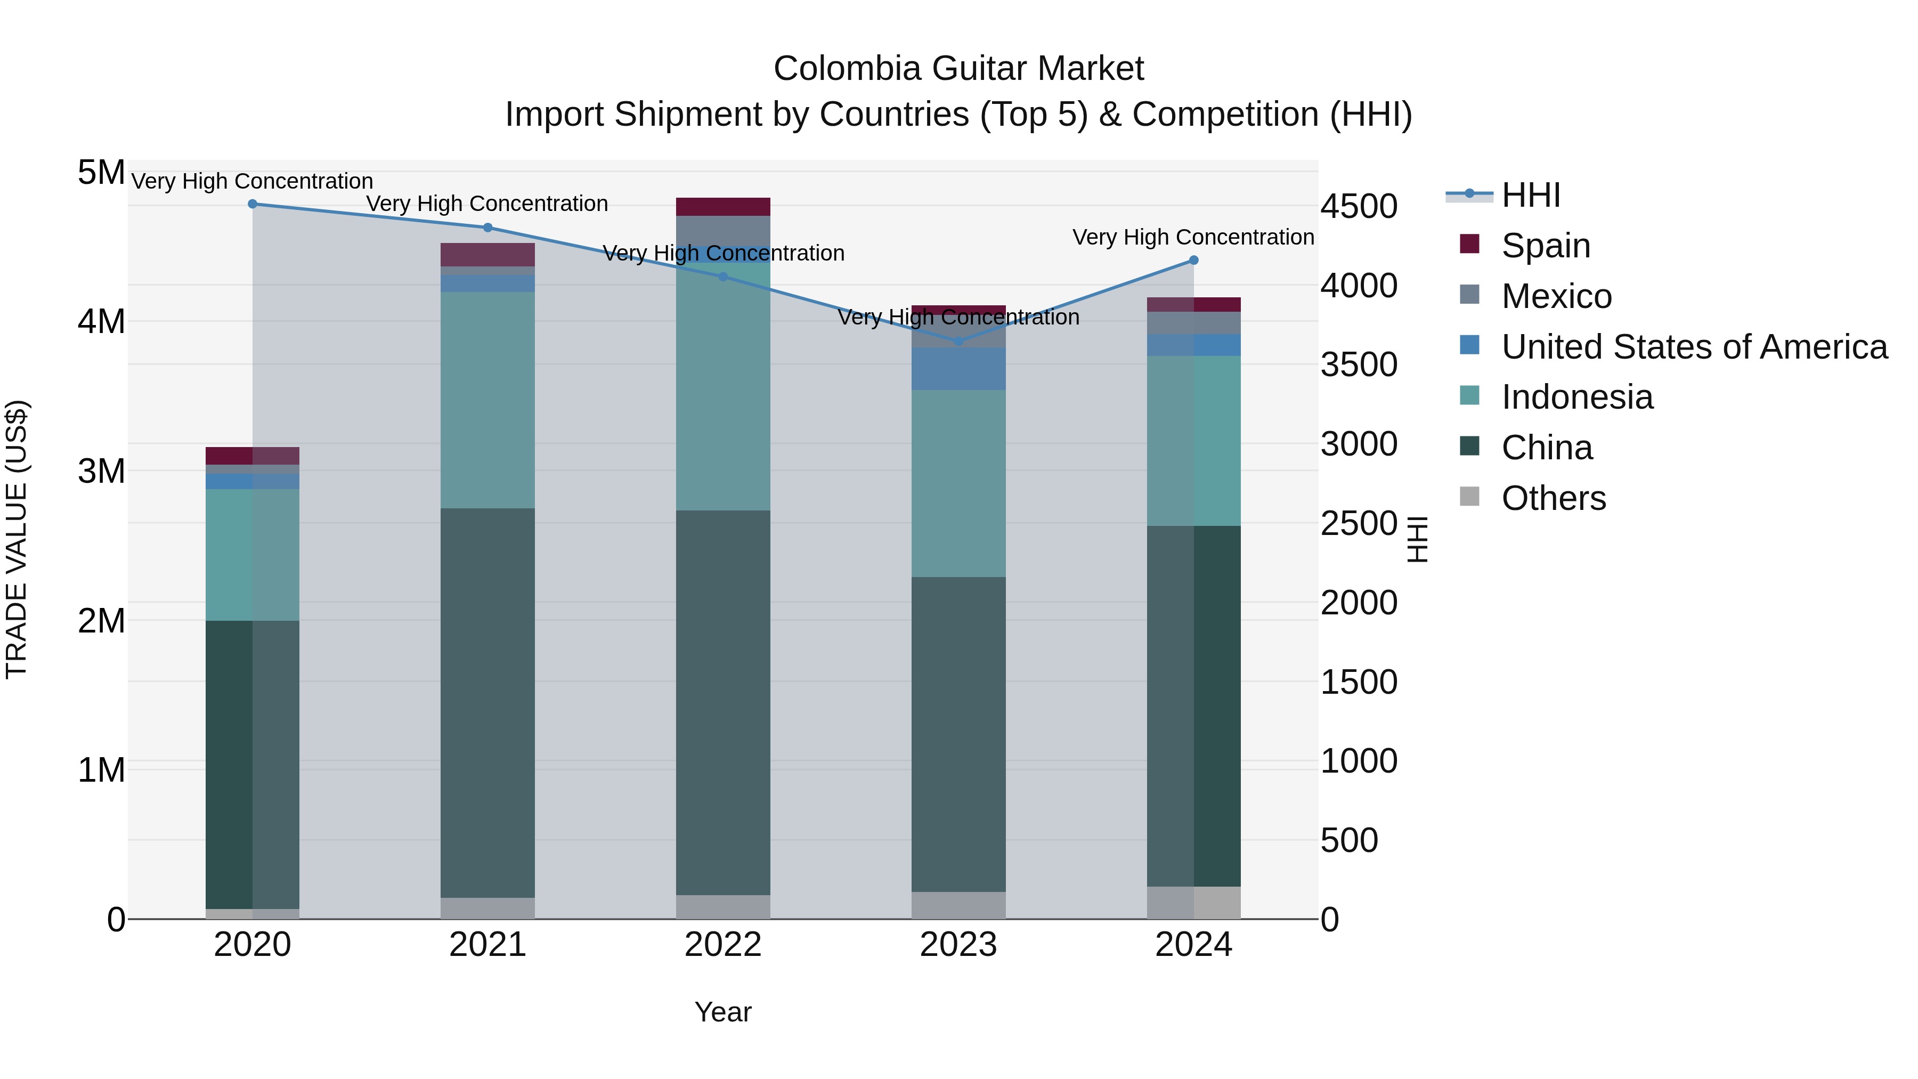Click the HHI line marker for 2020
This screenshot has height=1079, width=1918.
(x=253, y=204)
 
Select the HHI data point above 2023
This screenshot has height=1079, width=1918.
(x=958, y=342)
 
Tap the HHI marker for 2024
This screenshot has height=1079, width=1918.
(x=1193, y=261)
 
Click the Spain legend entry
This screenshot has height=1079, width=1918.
(x=1545, y=246)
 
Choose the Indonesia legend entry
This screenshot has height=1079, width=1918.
(x=1576, y=397)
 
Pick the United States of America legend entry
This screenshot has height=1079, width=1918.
(x=1694, y=347)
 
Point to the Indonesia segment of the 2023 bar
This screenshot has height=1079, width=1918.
(x=958, y=483)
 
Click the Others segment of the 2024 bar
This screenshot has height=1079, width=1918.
(x=1193, y=903)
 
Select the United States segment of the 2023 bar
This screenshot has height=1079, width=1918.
(x=958, y=369)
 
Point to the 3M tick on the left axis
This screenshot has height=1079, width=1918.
(x=101, y=472)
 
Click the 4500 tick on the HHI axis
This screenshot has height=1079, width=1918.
(x=1358, y=207)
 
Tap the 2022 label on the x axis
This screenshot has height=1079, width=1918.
(x=723, y=945)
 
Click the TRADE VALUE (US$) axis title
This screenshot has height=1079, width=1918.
(x=17, y=539)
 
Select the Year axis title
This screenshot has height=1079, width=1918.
(x=723, y=1012)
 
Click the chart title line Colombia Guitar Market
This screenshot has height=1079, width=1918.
(x=958, y=69)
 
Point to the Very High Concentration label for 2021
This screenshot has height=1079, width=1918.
(x=487, y=204)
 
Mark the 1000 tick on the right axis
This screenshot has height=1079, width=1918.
(x=1358, y=761)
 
